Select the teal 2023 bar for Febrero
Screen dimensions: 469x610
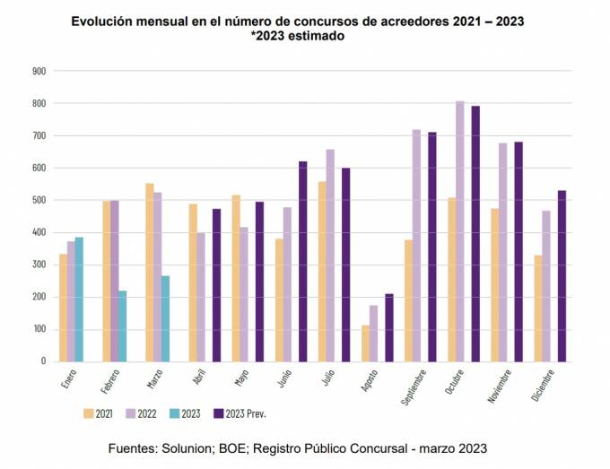pos(122,326)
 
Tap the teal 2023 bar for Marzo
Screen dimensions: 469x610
pos(165,318)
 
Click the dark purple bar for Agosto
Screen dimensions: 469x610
pos(388,327)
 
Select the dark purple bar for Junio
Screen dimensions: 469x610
pos(302,261)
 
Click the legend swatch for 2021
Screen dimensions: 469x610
pos(89,413)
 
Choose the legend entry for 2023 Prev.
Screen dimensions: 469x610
pos(240,413)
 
